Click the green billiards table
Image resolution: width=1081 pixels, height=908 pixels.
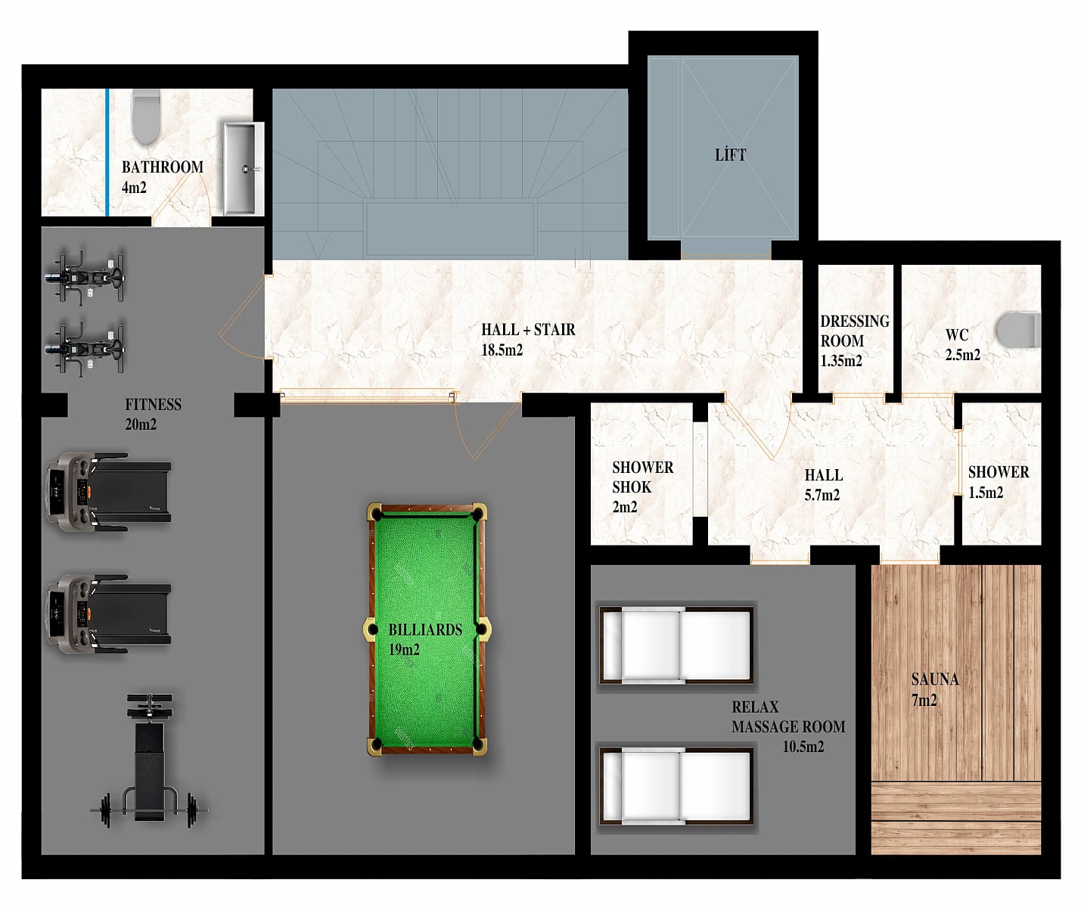(426, 629)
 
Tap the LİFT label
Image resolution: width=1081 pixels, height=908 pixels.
(730, 154)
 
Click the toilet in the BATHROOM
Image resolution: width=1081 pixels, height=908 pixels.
(145, 117)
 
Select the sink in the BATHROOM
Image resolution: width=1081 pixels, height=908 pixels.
(243, 168)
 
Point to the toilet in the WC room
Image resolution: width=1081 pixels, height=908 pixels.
(1018, 329)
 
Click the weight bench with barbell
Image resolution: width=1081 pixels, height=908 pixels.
(150, 760)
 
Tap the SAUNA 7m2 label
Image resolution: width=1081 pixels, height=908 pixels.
(934, 689)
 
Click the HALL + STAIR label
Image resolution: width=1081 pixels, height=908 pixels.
(528, 329)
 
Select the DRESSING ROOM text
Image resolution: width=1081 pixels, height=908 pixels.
(854, 331)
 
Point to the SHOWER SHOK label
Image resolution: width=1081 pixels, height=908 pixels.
(642, 477)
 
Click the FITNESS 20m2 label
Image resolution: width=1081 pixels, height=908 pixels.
(153, 414)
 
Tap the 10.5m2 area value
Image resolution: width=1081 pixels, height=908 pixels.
(803, 746)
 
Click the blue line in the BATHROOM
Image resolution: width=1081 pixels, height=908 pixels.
(107, 152)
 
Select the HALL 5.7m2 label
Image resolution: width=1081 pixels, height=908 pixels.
(823, 485)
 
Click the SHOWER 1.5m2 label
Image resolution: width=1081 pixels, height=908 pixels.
(998, 482)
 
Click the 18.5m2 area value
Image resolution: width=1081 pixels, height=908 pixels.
(502, 350)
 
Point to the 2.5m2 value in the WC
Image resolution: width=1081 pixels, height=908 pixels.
(962, 356)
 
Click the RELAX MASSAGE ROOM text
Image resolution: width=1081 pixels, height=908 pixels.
(788, 717)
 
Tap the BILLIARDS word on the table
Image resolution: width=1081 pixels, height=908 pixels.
(425, 630)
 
